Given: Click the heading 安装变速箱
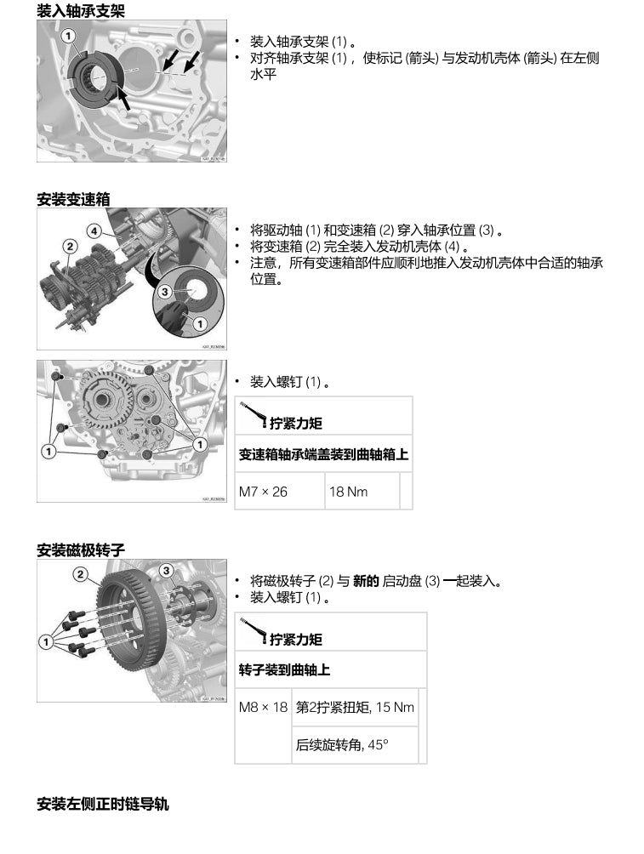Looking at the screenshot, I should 73,199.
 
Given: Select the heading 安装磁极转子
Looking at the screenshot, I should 81,550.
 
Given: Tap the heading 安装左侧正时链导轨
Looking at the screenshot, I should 103,803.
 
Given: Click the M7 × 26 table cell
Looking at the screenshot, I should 263,492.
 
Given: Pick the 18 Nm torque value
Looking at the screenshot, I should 349,492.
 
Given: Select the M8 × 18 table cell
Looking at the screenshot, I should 263,707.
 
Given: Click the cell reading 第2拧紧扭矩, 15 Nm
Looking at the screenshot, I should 355,707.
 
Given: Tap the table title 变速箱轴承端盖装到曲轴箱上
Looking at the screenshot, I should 323,454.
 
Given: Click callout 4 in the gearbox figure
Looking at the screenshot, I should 94,231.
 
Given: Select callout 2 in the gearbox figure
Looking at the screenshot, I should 70,247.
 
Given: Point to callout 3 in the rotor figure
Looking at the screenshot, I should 167,570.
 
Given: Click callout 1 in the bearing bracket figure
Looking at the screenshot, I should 68,35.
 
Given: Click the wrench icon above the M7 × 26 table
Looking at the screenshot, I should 248,413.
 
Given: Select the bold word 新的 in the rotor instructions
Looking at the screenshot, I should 366,582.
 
